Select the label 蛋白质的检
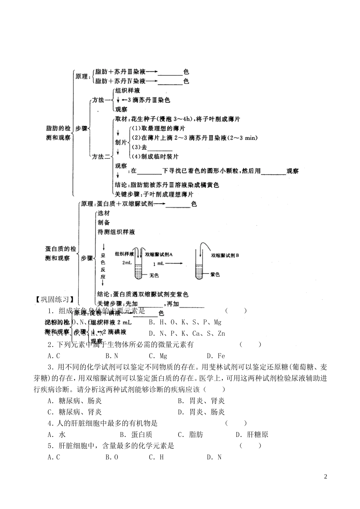(60, 249)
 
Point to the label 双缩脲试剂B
(225, 255)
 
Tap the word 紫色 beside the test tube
(215, 275)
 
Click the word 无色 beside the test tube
(154, 275)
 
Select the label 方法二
(101, 156)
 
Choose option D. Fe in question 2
(216, 356)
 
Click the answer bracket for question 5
(250, 446)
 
